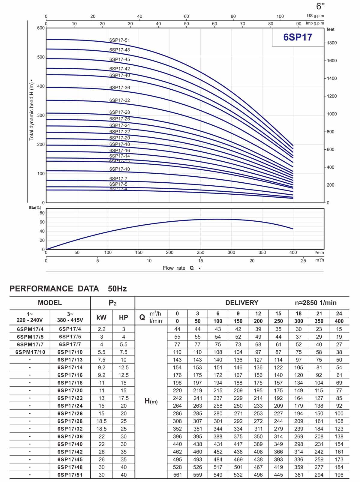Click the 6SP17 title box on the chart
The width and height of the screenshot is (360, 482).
click(298, 37)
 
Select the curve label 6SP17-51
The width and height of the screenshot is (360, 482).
click(119, 40)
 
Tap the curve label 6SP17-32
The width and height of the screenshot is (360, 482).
click(119, 100)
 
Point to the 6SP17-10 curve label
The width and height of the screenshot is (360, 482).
click(119, 169)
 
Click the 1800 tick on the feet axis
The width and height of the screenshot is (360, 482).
click(331, 43)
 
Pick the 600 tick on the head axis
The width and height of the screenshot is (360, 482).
click(41, 28)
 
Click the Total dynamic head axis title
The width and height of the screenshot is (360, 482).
click(31, 110)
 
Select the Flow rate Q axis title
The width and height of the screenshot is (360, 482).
click(179, 268)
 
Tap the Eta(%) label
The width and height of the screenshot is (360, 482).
click(35, 208)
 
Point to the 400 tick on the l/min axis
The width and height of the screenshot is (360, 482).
click(293, 253)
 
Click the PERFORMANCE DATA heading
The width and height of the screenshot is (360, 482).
click(54, 289)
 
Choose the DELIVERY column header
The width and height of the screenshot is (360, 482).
click(241, 303)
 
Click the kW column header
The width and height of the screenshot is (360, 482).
click(101, 317)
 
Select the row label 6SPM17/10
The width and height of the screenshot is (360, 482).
click(30, 352)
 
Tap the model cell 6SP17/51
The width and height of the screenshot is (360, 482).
click(70, 475)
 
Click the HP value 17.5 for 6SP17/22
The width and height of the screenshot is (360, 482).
click(123, 398)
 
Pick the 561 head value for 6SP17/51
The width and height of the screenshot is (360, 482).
click(177, 475)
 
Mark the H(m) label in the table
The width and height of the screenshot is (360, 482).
click(151, 401)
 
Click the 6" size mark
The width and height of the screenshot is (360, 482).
click(320, 6)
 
